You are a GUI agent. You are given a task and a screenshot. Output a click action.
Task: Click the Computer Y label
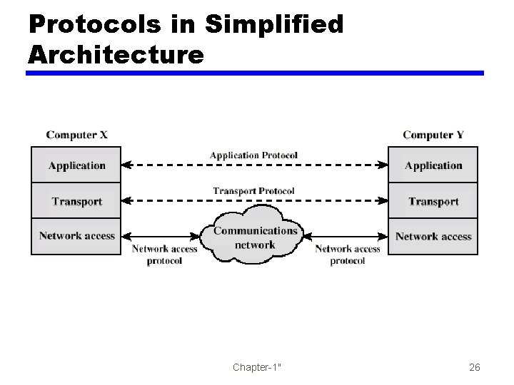point(433,135)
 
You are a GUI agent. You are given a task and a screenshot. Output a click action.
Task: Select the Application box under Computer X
point(76,165)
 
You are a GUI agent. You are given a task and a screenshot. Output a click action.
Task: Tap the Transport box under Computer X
point(76,202)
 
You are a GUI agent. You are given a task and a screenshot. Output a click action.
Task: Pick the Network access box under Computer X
point(76,236)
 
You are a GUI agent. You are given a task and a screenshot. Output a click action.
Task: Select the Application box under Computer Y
point(433,165)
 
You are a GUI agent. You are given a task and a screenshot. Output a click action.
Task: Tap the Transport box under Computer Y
point(433,202)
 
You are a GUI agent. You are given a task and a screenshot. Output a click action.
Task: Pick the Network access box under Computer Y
point(433,236)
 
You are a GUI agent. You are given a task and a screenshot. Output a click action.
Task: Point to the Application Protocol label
point(253,155)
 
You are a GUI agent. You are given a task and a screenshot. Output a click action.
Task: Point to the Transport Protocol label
point(253,190)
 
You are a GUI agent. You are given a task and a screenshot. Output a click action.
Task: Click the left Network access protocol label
point(164,255)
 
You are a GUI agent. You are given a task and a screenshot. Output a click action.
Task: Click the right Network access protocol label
point(347,255)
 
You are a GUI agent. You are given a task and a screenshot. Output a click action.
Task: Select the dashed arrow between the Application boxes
point(254,165)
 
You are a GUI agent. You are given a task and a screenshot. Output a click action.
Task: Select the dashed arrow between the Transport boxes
point(254,201)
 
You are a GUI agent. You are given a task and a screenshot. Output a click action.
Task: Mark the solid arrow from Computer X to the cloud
point(161,236)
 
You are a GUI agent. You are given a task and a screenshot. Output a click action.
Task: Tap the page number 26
point(475,368)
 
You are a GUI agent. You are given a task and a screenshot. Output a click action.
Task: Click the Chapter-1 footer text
point(256,368)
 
